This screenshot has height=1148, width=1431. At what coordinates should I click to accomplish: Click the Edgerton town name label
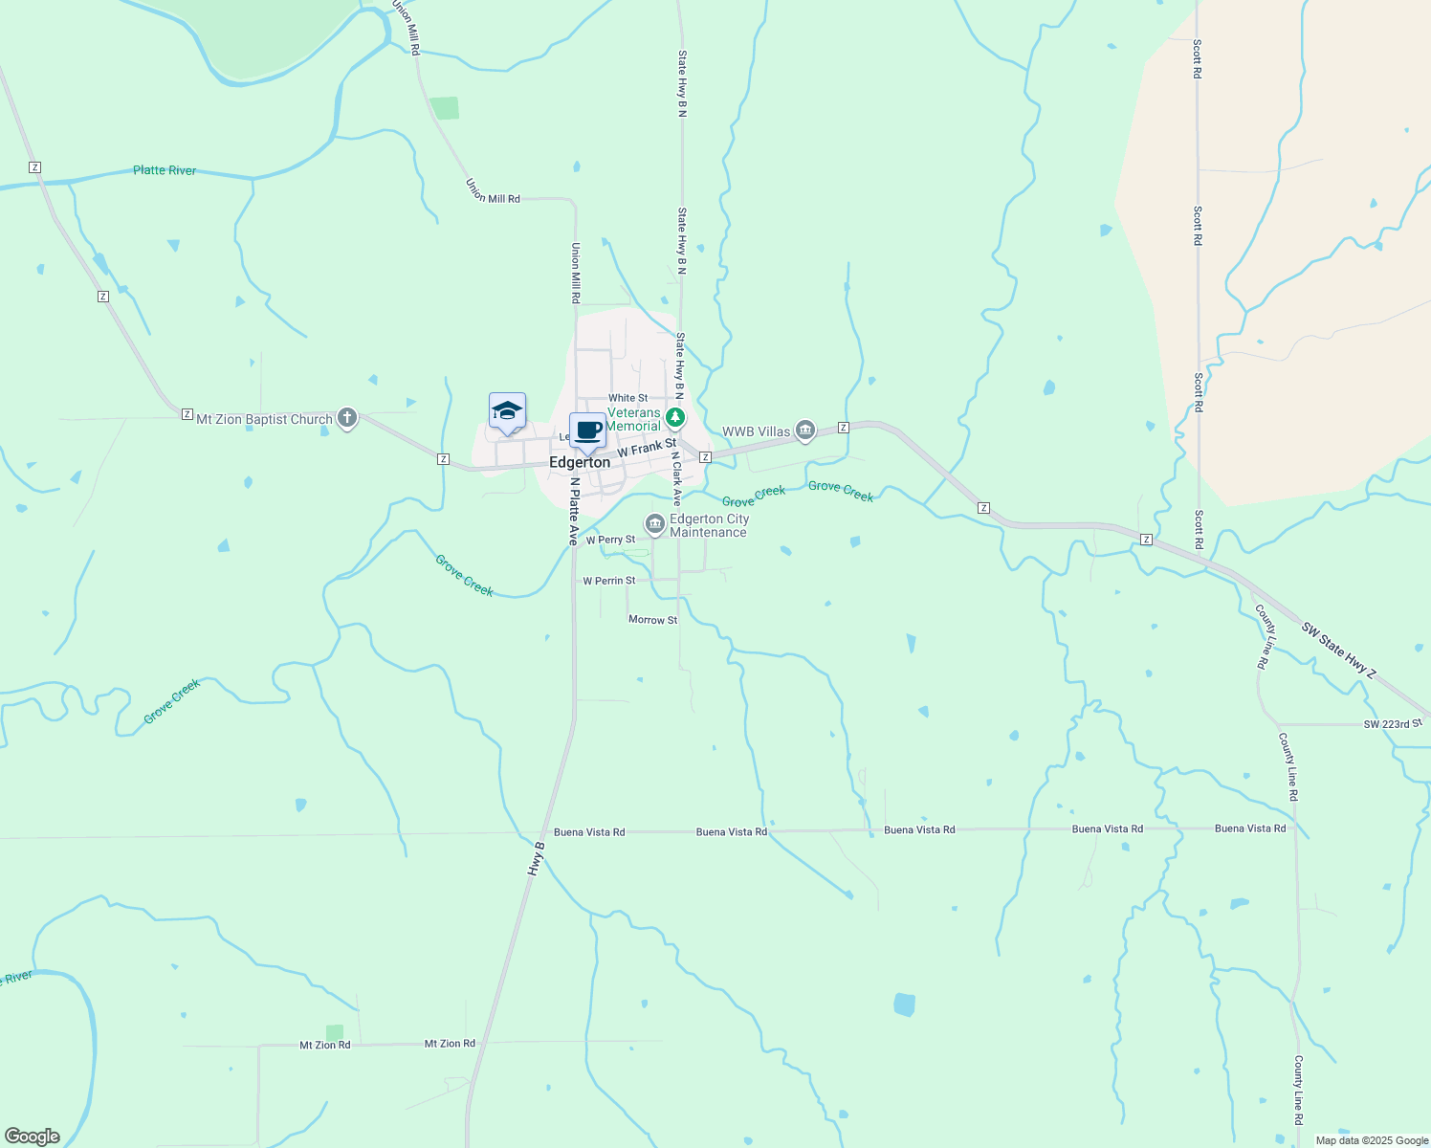click(580, 463)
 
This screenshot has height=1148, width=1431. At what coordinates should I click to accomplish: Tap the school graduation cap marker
click(507, 412)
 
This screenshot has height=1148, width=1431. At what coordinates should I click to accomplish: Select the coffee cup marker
click(587, 431)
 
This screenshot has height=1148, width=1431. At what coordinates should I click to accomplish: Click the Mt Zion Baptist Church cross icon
click(347, 418)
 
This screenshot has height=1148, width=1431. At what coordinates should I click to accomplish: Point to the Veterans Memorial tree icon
click(675, 417)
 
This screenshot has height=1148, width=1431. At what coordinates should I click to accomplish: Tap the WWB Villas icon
click(805, 431)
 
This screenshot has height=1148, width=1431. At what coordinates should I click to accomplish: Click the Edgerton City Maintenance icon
click(655, 523)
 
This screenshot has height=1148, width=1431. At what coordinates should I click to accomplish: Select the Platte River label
click(165, 170)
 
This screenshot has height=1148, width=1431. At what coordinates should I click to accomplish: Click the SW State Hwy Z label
click(1338, 651)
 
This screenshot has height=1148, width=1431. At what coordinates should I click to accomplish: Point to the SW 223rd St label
click(1393, 724)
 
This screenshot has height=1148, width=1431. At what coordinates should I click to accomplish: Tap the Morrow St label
click(652, 620)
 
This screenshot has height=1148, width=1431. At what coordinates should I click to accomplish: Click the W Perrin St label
click(609, 581)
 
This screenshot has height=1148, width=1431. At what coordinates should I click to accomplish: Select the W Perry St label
click(610, 540)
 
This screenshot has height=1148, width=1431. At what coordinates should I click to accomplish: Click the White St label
click(627, 398)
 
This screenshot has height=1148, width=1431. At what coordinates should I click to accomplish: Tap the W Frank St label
click(647, 448)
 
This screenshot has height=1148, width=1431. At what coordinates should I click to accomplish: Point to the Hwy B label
click(537, 859)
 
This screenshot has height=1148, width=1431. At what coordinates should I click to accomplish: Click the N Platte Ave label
click(573, 511)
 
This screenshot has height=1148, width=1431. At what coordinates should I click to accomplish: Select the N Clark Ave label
click(675, 478)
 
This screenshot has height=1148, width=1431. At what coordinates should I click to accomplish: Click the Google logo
click(33, 1137)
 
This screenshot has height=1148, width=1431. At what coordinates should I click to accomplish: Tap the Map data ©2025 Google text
click(1372, 1140)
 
